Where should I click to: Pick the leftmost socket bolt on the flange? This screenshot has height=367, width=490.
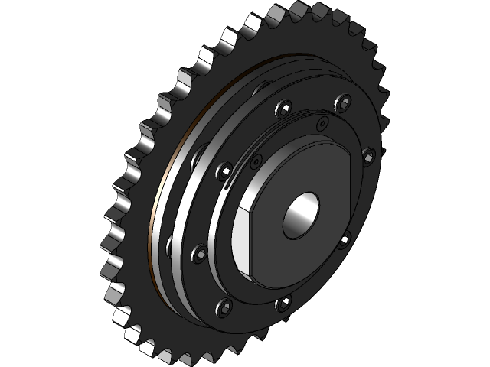coord(200,252)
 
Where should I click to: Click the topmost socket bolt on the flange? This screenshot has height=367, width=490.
coord(345,102)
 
